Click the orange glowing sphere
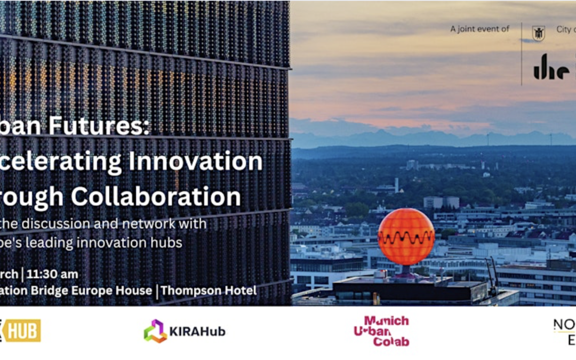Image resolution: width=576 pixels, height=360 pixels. pos(406,236)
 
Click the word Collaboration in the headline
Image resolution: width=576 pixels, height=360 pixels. pos(156,196)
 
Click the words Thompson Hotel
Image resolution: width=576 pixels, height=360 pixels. pos(209,291)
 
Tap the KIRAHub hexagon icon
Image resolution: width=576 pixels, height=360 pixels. pos(155,331)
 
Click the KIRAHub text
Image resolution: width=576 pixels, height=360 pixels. pos(197,331)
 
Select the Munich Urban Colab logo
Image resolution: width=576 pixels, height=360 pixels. pos(382,331)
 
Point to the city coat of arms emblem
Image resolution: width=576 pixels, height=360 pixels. pos(538,33)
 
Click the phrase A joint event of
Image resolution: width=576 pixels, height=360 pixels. pos(479,29)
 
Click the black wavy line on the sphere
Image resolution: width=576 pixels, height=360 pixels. pos(406,237)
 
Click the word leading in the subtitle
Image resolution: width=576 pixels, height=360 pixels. pos(66,242)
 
